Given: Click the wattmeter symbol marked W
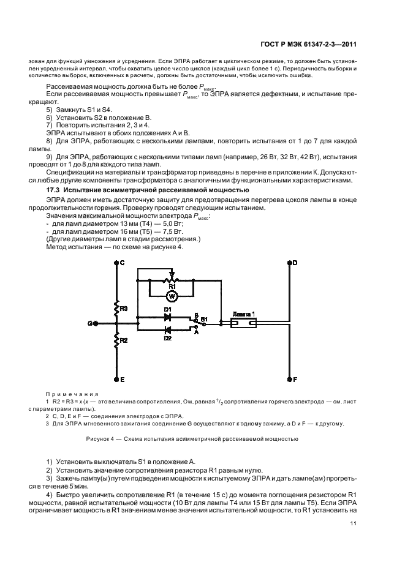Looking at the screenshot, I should pyautogui.click(x=172, y=296).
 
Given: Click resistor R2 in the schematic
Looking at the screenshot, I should pyautogui.click(x=115, y=340).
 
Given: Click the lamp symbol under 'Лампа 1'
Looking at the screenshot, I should pyautogui.click(x=248, y=323).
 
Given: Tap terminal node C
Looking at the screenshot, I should pyautogui.click(x=115, y=262).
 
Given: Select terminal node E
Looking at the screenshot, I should pyautogui.click(x=115, y=380).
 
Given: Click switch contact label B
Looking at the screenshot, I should pyautogui.click(x=196, y=316).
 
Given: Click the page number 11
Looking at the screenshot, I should pyautogui.click(x=354, y=522).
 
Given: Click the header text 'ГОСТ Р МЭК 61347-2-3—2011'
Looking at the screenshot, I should pyautogui.click(x=307, y=43).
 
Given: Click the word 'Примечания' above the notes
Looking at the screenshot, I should pyautogui.click(x=68, y=394).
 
